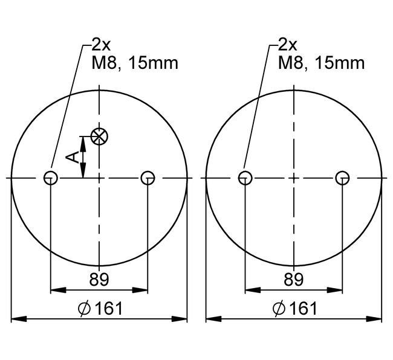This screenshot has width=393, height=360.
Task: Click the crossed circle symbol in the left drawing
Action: (x=100, y=137)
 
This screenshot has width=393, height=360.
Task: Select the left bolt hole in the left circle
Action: (x=51, y=178)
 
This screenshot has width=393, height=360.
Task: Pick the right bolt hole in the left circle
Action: (x=148, y=178)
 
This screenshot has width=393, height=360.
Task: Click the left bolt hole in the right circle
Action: (x=245, y=178)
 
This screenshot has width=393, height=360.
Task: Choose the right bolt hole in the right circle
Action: (x=342, y=178)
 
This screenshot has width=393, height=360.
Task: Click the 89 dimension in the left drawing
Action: (x=99, y=280)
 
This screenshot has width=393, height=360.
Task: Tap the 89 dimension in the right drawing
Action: (x=294, y=280)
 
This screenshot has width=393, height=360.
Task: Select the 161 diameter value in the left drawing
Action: (x=109, y=308)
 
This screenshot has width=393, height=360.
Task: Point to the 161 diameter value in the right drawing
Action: (x=304, y=308)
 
